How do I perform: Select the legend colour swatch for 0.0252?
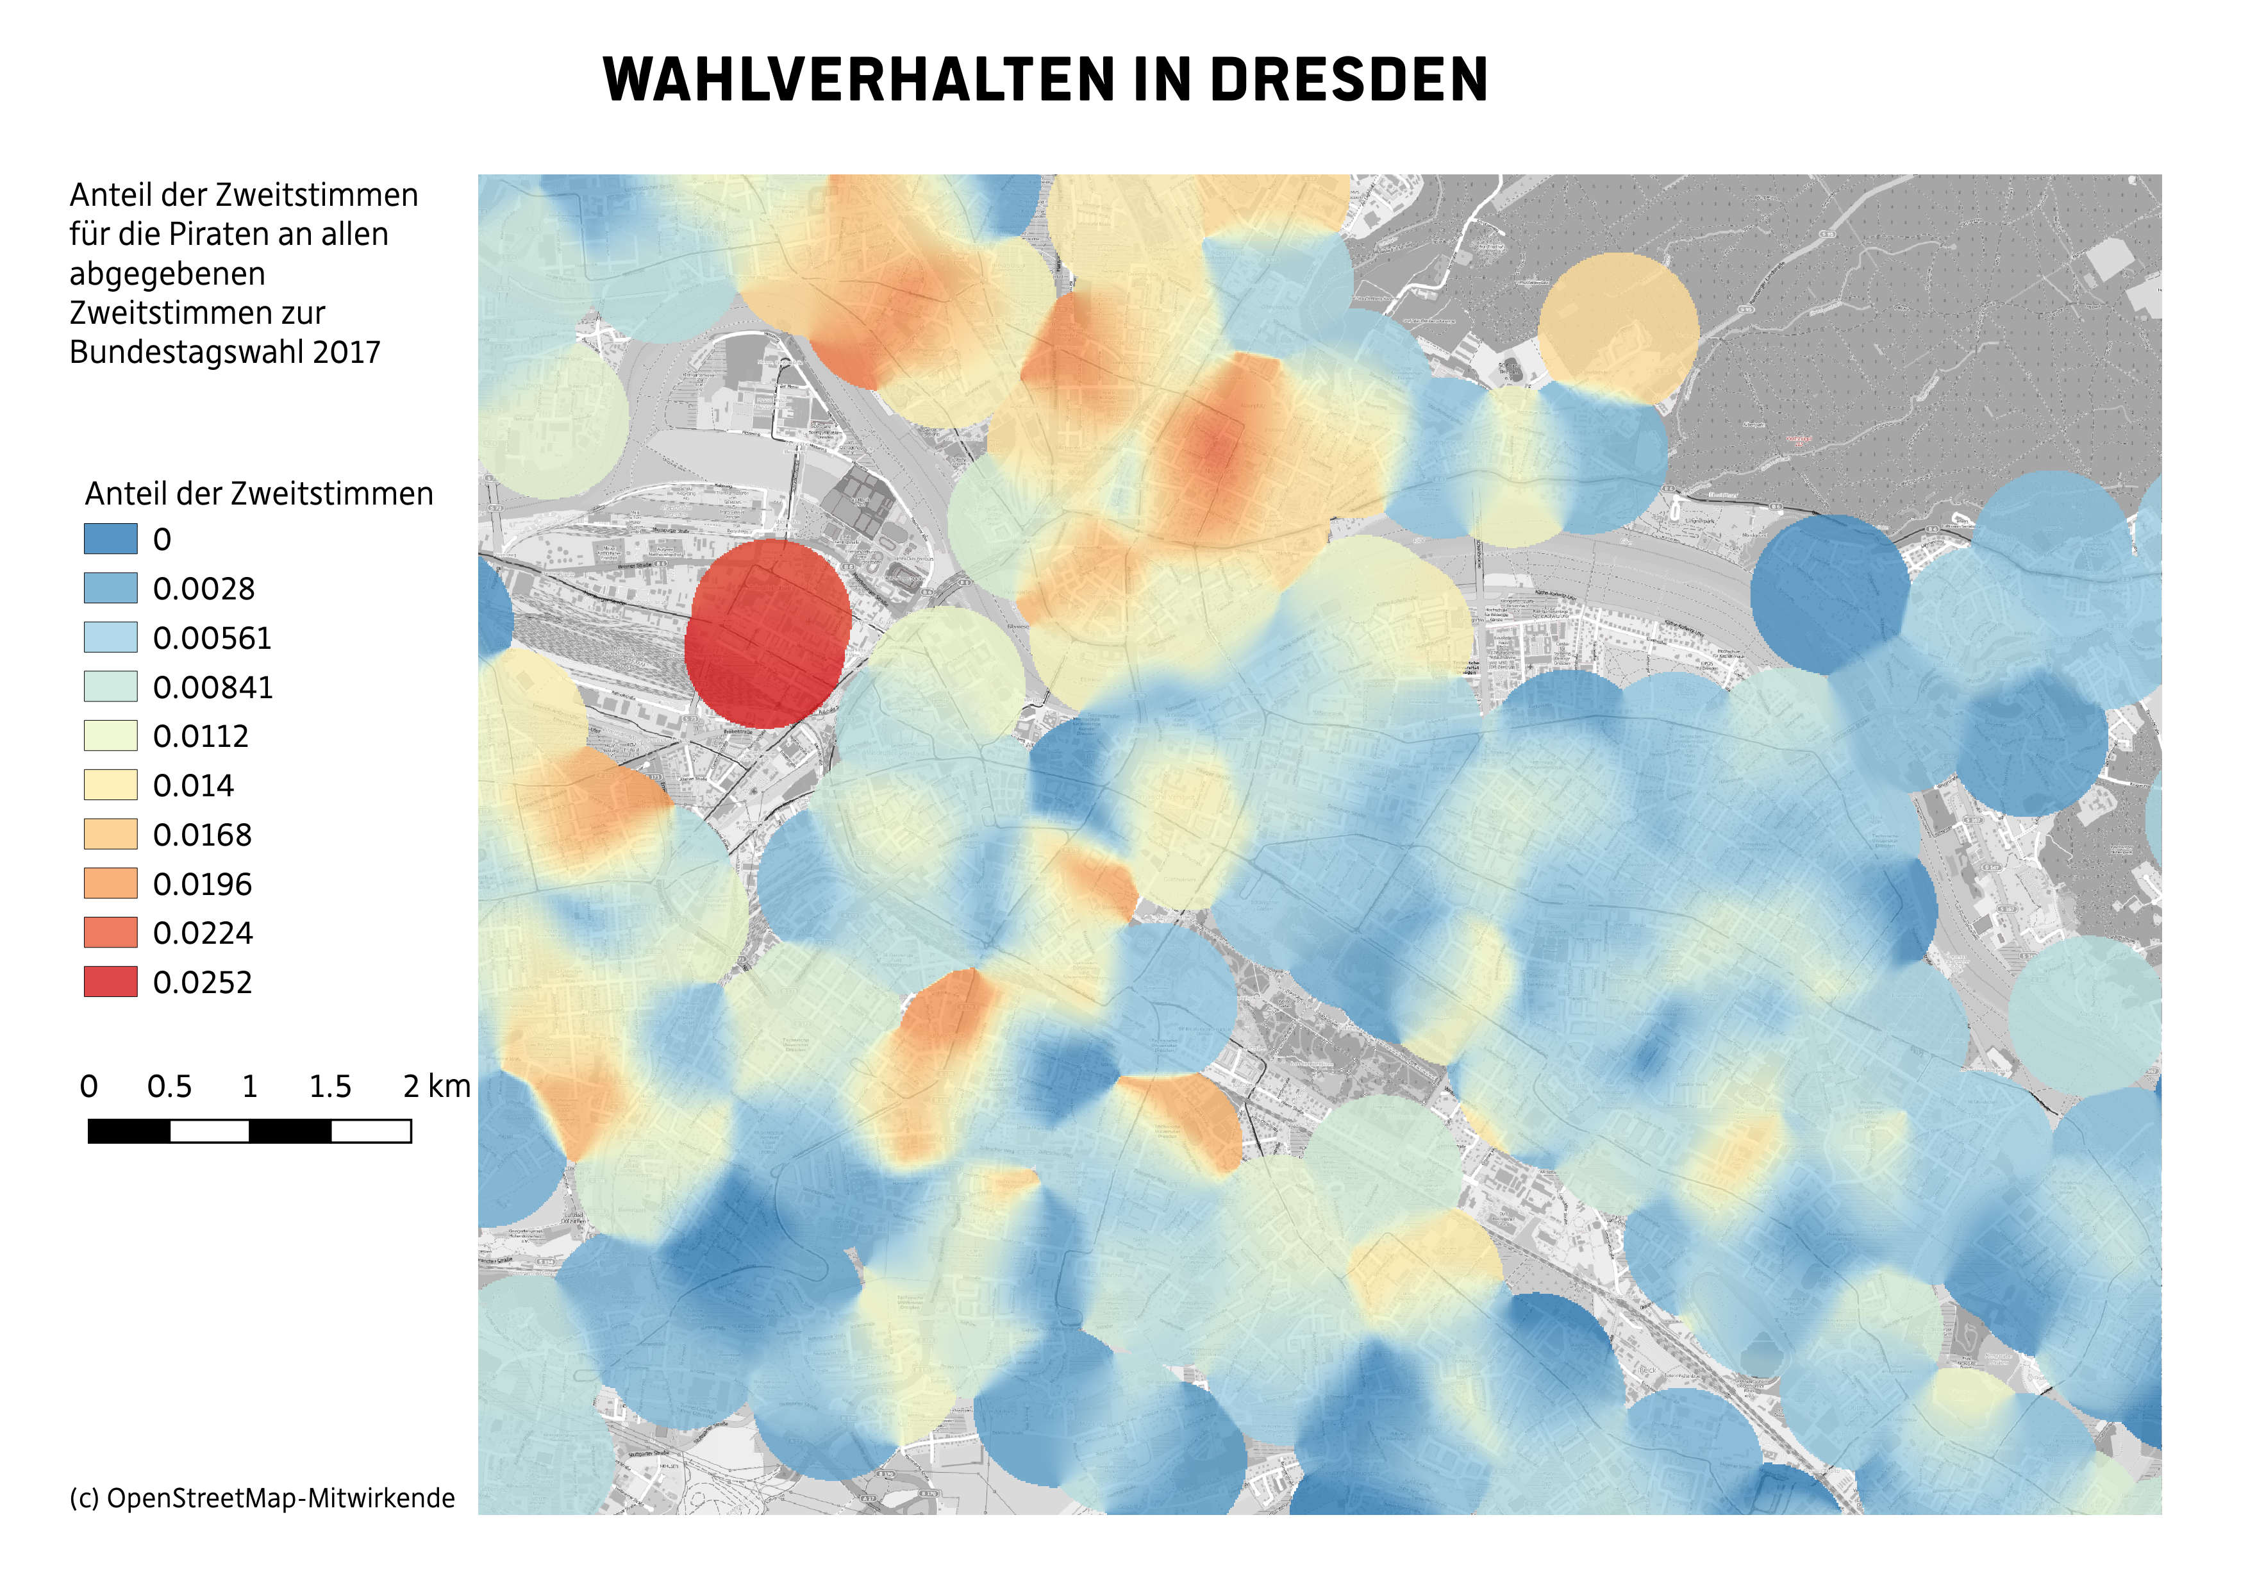[111, 982]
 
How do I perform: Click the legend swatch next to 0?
[111, 539]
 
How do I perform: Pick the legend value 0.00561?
[212, 639]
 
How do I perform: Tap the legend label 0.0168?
[202, 835]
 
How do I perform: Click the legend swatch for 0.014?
[111, 785]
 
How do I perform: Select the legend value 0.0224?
[203, 933]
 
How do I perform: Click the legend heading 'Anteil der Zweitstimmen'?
[258, 494]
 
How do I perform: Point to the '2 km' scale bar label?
[437, 1086]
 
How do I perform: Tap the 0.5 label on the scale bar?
[169, 1086]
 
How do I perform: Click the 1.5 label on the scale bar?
[330, 1086]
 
